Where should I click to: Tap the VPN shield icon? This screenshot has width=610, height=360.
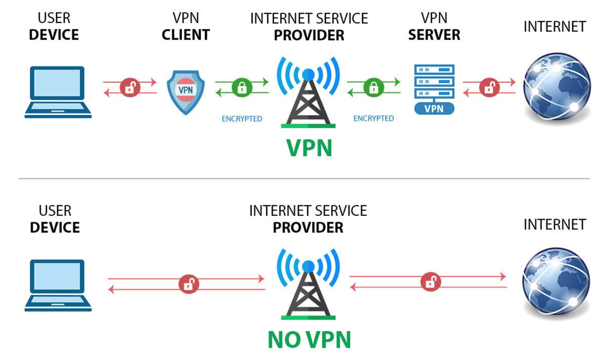[185, 91]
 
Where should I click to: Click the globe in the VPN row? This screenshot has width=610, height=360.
[556, 88]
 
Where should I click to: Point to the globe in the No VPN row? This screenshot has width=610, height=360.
[556, 281]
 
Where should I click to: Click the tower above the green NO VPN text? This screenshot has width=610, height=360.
[308, 285]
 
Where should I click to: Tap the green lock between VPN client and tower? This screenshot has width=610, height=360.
[242, 87]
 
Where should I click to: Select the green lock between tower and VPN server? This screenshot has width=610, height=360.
[373, 87]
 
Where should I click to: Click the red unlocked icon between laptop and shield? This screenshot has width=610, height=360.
[130, 87]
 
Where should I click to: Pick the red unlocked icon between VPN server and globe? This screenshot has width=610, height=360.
[489, 87]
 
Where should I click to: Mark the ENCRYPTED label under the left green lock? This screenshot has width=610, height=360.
[242, 119]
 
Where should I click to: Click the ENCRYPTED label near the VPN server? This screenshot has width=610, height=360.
[373, 118]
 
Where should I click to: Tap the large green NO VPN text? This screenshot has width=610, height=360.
[309, 340]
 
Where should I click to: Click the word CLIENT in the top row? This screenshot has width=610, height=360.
[186, 35]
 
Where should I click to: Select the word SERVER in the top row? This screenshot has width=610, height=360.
[434, 35]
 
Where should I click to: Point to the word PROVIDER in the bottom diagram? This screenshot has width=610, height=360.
[308, 228]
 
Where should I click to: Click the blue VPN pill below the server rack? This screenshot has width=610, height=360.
[434, 109]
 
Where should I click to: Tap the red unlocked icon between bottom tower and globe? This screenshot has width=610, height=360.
[430, 282]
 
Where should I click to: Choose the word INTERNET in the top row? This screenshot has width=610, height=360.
[554, 27]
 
